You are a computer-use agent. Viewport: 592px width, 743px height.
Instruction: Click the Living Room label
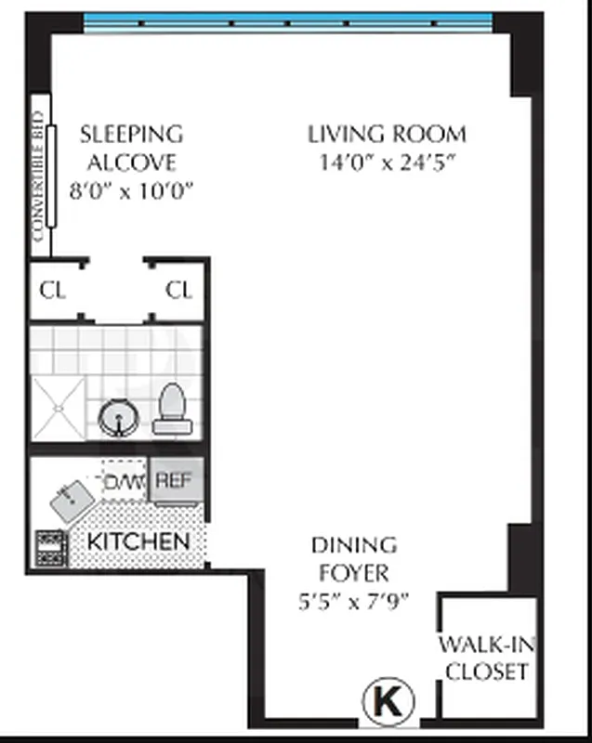(387, 134)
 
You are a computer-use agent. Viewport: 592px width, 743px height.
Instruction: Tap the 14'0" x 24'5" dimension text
(387, 163)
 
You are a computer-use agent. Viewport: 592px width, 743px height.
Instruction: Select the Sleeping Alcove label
(131, 148)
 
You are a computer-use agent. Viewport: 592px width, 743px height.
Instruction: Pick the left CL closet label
(53, 290)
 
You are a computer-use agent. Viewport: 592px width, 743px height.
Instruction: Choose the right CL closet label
(178, 290)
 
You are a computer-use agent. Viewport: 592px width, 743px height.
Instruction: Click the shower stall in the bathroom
(59, 408)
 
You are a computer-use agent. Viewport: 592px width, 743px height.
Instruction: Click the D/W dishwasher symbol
(121, 481)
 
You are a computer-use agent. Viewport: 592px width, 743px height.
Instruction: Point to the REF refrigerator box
(174, 480)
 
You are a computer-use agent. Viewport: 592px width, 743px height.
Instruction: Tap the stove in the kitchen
(48, 548)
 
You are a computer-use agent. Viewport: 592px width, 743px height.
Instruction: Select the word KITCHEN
(138, 541)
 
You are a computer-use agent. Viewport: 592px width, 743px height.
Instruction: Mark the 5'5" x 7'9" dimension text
(352, 601)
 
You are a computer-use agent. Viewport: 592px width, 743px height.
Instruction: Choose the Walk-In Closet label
(486, 658)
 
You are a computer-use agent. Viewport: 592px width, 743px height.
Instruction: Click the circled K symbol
(388, 700)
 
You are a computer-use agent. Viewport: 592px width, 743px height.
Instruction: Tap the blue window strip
(288, 23)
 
